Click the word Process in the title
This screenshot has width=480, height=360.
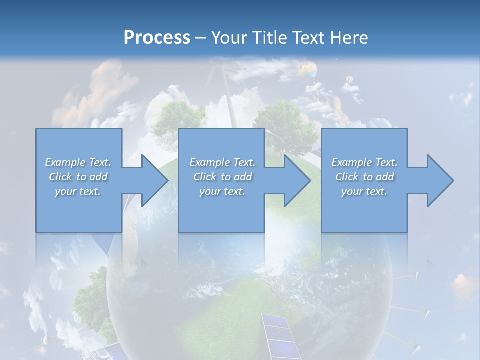157,38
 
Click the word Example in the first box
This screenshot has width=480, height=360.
65,162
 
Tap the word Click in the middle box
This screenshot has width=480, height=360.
205,177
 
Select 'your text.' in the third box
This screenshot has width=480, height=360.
364,191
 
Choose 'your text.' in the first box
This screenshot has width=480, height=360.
78,191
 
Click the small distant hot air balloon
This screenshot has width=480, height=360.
349,79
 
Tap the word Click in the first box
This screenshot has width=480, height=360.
60,177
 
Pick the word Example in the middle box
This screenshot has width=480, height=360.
210,162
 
